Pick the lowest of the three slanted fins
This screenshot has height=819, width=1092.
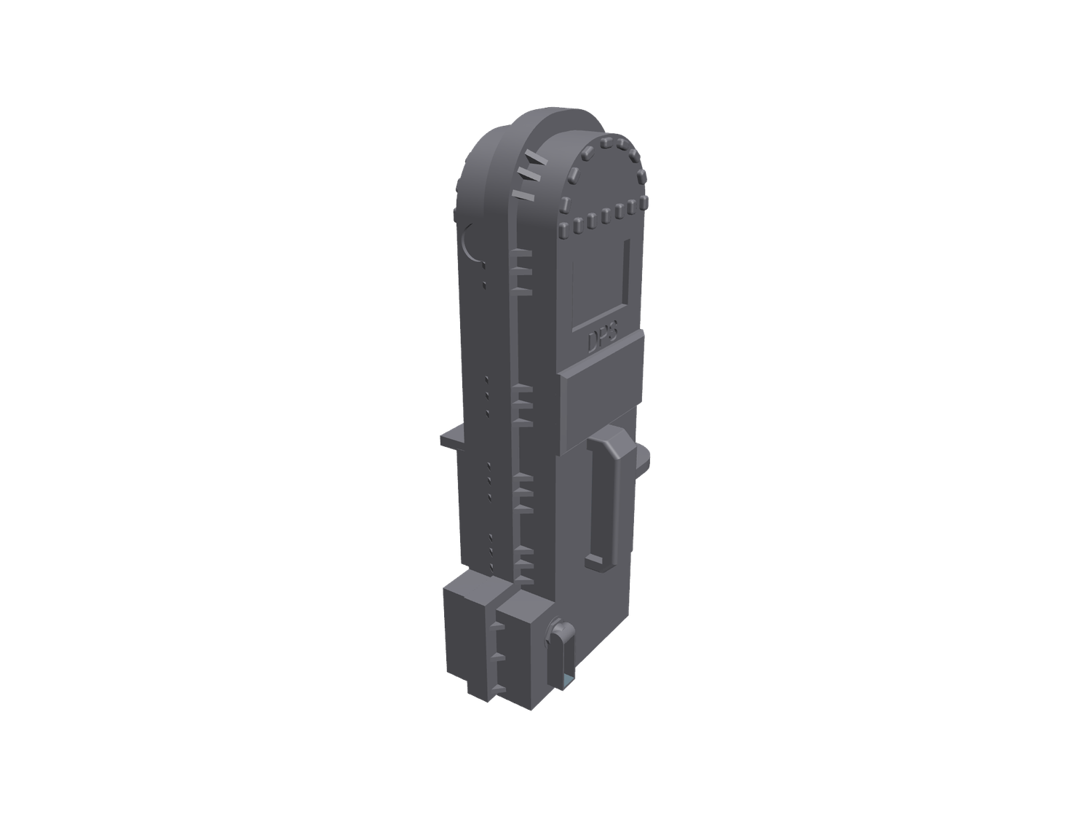(x=521, y=196)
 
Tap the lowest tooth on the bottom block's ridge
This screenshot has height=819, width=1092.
(x=502, y=688)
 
